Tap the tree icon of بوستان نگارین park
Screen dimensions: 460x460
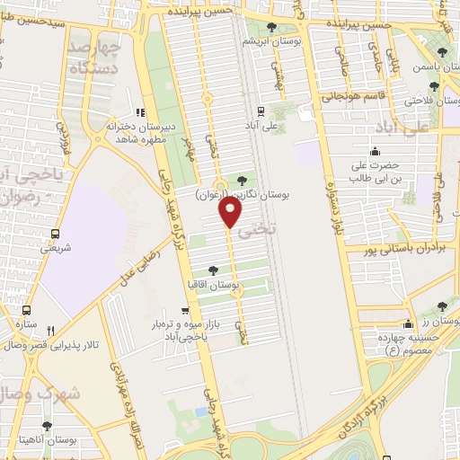tap(240, 181)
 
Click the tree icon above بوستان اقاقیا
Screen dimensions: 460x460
tap(213, 270)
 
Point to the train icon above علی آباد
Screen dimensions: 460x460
tap(260, 112)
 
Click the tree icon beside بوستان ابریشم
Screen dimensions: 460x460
tap(272, 28)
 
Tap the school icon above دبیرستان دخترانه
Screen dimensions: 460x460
tap(139, 112)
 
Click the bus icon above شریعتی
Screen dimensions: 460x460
tap(56, 234)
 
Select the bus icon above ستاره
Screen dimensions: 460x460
tap(25, 309)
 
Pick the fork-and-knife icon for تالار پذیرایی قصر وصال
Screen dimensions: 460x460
tap(50, 331)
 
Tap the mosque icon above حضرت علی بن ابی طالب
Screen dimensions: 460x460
tap(373, 151)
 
